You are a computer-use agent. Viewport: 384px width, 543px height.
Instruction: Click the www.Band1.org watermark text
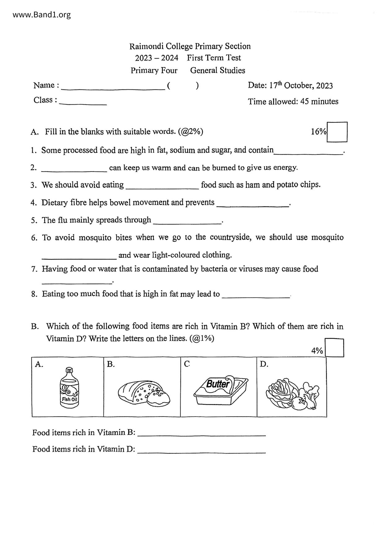pos(42,15)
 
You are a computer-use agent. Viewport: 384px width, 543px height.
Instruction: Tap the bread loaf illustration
pos(144,393)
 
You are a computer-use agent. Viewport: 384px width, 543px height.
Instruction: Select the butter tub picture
pos(220,390)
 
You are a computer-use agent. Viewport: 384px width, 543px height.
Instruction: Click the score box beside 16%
pos(337,132)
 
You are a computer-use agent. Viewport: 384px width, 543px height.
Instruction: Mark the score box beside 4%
pos(334,348)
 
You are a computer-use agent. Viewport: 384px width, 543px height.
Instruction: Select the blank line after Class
pos(83,104)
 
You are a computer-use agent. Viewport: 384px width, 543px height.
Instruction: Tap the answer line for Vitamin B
pos(201,435)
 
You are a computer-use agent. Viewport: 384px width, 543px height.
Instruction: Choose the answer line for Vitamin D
pos(201,452)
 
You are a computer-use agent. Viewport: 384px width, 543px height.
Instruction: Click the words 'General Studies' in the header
pos(217,71)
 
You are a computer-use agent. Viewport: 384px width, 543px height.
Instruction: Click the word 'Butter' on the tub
pos(218,384)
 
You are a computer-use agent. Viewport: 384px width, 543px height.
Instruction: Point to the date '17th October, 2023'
pos(301,85)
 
